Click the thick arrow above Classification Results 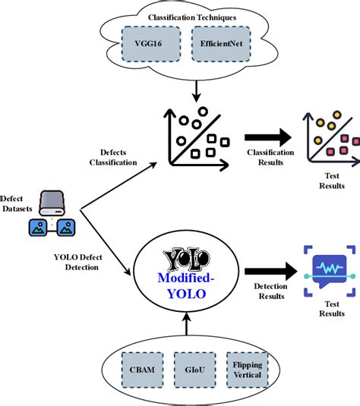pos(267,137)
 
